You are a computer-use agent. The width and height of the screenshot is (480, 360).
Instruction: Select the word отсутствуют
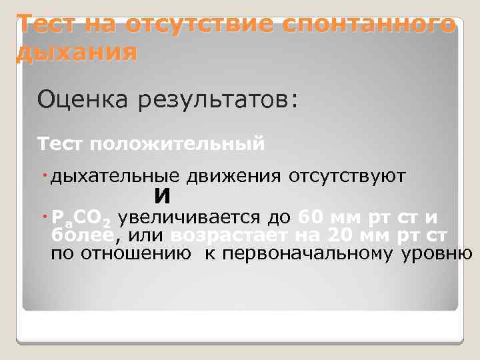coord(347,177)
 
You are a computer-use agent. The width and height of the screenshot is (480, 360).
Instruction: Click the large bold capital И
coord(162,197)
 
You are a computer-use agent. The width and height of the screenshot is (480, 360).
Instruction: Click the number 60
coord(311,217)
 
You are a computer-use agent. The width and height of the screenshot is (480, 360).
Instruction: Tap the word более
coord(83,235)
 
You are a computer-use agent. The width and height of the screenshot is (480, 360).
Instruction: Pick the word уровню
coord(437,254)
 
